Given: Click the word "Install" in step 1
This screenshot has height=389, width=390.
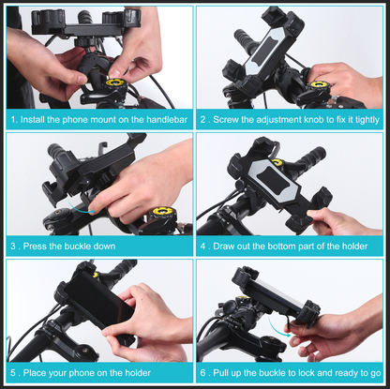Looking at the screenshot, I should tap(35, 120).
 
